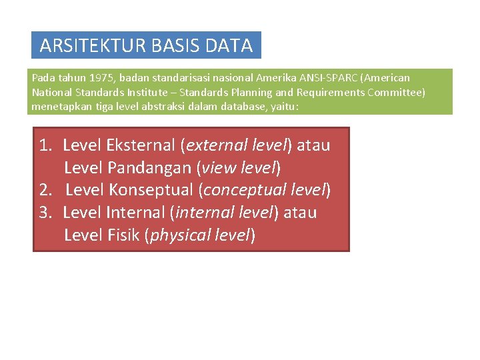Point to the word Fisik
click(123, 235)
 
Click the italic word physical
click(177, 235)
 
